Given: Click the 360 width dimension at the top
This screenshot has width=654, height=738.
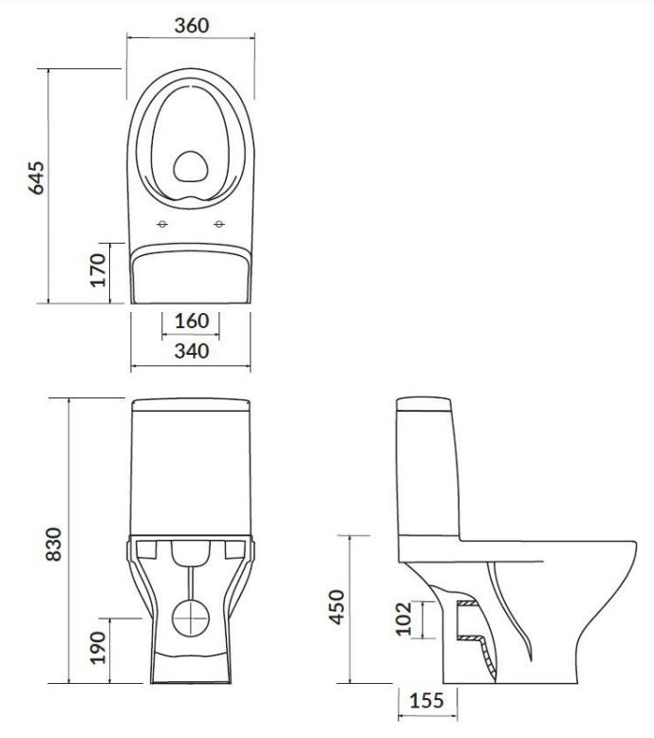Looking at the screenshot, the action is [192, 26].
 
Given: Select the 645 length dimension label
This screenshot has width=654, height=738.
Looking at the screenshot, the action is [36, 178].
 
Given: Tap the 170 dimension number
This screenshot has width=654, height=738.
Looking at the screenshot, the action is [98, 270].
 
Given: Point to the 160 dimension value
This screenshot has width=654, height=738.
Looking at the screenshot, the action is [192, 321].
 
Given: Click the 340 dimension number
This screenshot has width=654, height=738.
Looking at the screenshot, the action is [192, 351].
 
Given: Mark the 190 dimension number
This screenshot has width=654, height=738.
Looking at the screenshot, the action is [98, 648].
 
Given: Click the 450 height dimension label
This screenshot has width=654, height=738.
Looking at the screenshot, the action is [337, 607].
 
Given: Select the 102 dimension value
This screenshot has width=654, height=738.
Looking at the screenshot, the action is [403, 618].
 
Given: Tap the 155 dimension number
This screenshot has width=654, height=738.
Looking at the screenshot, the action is [426, 700].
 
